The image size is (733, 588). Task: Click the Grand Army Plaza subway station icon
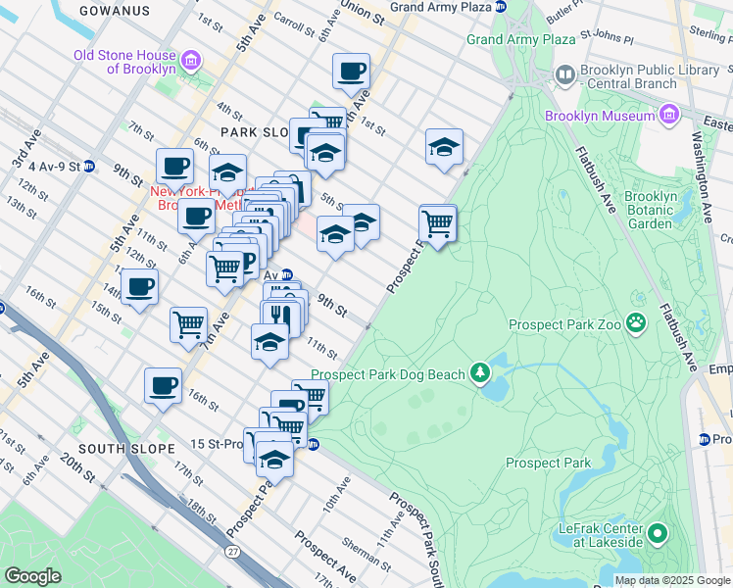point(501,6)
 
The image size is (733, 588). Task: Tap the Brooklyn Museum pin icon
point(668,116)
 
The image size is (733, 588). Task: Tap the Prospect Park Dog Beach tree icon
point(480,372)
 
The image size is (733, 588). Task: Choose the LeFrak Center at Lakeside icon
point(658,534)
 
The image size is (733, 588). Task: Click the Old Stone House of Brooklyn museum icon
point(192,62)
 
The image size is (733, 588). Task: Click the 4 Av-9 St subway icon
point(88,167)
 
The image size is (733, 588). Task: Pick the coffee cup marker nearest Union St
point(351,71)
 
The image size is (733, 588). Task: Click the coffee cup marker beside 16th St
point(163,384)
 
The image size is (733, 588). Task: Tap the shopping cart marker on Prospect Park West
point(437,222)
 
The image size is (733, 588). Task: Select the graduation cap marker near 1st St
point(444,146)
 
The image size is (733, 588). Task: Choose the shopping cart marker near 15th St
point(188,324)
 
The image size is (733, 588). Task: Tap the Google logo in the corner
point(32,576)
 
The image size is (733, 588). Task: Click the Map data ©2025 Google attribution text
point(672,580)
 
